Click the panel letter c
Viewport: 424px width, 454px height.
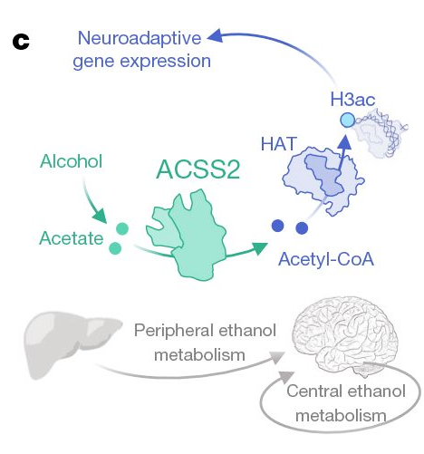click(21, 42)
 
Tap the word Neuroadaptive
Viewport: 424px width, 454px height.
click(140, 38)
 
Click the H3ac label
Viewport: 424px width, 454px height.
click(352, 100)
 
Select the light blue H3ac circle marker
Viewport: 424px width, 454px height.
click(347, 120)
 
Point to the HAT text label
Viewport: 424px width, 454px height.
click(278, 144)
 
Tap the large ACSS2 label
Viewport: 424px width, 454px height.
click(198, 169)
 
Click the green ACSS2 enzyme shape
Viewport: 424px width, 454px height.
click(188, 237)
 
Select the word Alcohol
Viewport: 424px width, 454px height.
click(72, 161)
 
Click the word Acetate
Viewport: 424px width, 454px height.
click(72, 238)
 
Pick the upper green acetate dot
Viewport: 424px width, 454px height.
click(122, 228)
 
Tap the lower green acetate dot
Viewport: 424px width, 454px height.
click(115, 248)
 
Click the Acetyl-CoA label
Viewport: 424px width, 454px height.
click(326, 259)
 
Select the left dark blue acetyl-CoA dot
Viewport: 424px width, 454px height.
click(278, 226)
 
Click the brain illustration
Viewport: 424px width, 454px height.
click(344, 336)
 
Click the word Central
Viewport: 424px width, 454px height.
click(314, 391)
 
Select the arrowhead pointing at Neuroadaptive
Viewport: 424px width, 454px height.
click(215, 36)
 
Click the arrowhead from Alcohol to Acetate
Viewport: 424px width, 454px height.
click(101, 216)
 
